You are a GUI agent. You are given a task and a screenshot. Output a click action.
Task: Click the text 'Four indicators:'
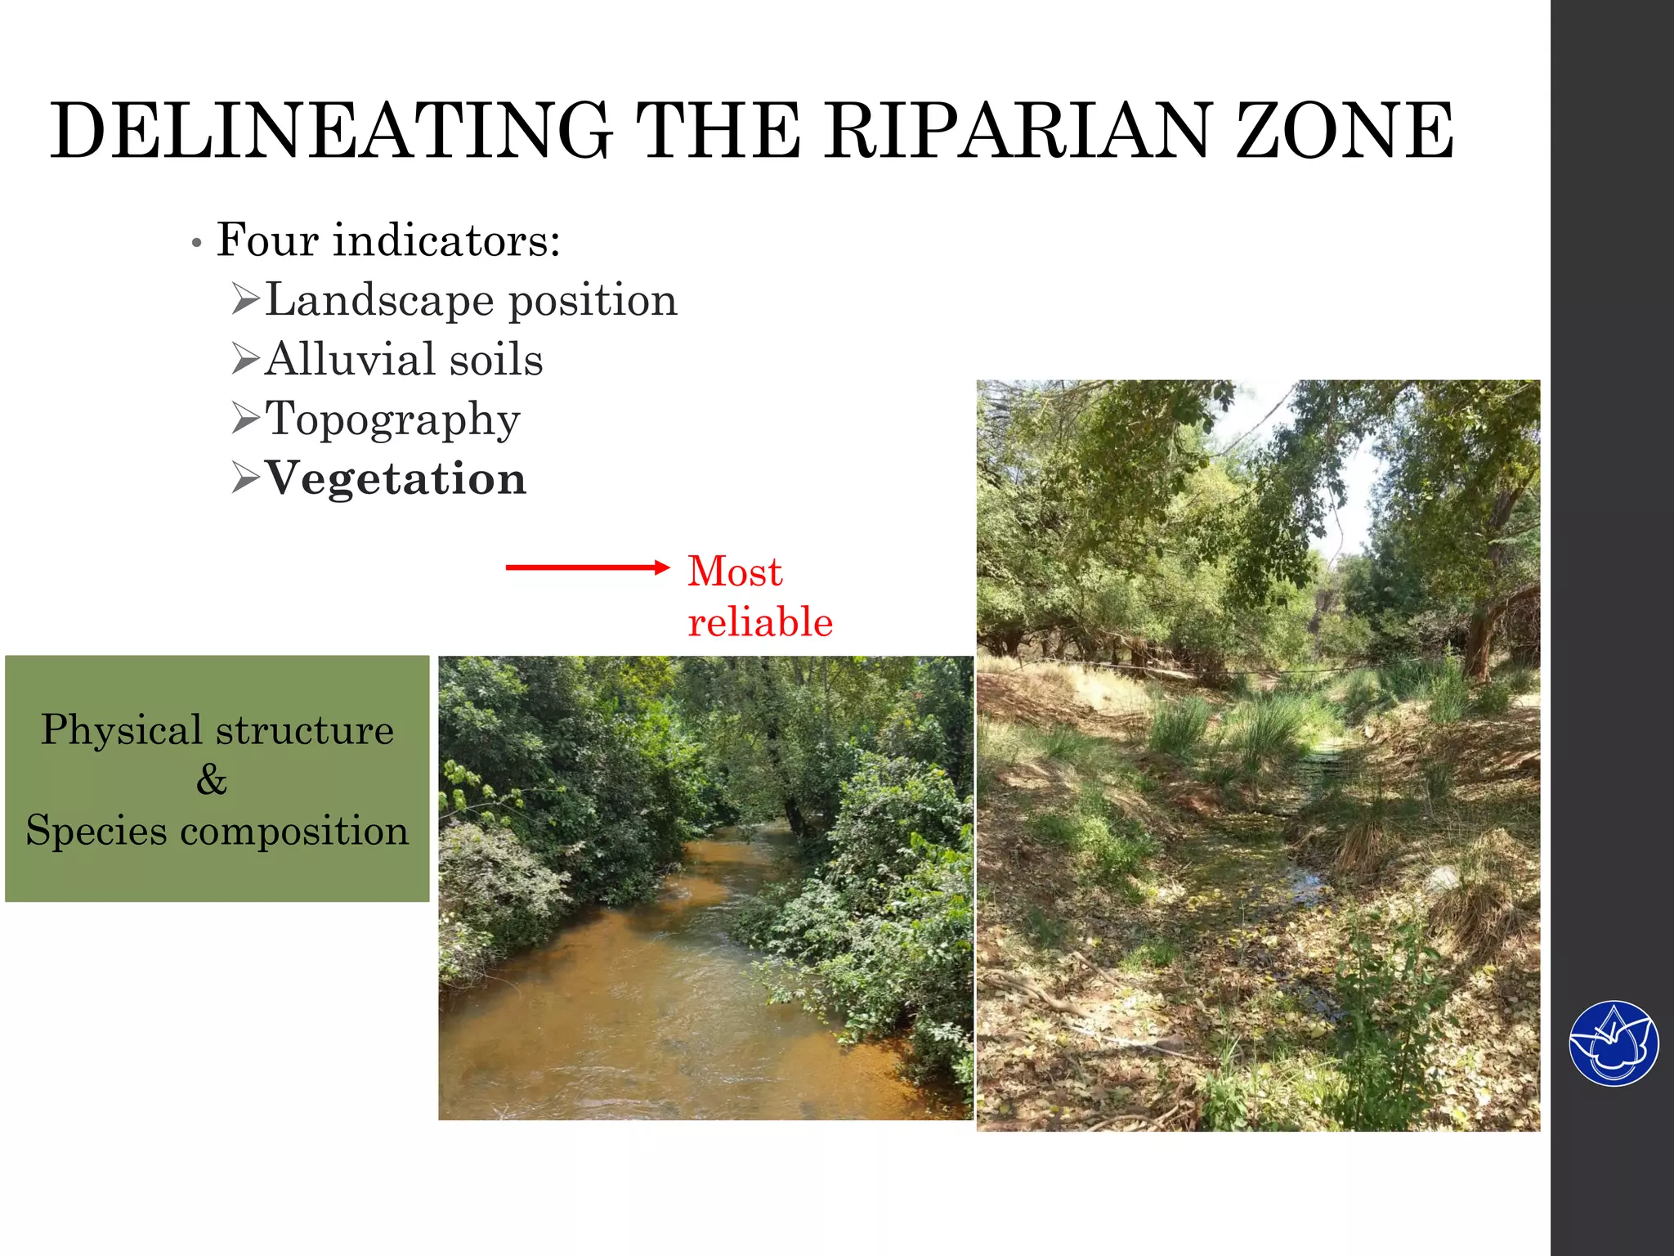pyautogui.click(x=388, y=240)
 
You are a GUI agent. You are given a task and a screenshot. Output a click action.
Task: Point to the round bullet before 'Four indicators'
pyautogui.click(x=196, y=244)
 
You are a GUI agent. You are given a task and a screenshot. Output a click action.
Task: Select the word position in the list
pyautogui.click(x=593, y=301)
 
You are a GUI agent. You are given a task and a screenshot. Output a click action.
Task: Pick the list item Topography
pyautogui.click(x=392, y=420)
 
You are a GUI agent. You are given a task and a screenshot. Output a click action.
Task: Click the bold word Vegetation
pyautogui.click(x=396, y=478)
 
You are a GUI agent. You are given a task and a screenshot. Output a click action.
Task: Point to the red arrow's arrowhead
pyautogui.click(x=662, y=567)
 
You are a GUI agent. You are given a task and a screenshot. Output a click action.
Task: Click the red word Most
pyautogui.click(x=735, y=571)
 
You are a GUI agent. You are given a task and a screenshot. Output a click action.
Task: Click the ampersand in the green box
pyautogui.click(x=212, y=779)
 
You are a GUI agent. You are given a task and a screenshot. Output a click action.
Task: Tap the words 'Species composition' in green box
pyautogui.click(x=217, y=831)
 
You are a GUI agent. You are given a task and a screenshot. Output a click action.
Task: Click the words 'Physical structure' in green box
pyautogui.click(x=217, y=729)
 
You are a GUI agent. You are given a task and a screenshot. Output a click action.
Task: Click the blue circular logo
pyautogui.click(x=1614, y=1043)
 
